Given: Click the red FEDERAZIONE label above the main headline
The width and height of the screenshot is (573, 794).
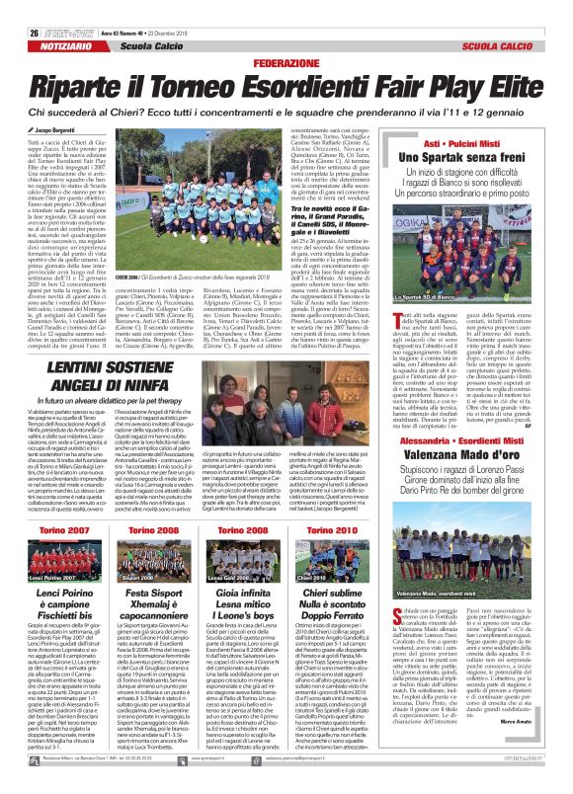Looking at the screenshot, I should pyautogui.click(x=286, y=62).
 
